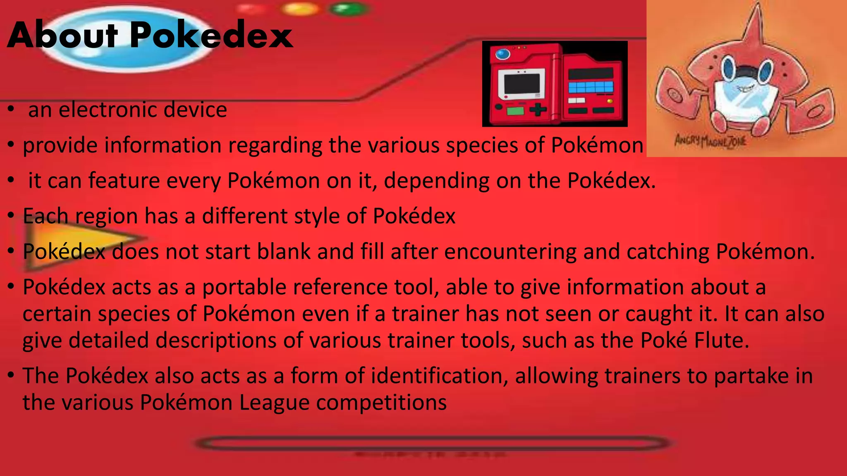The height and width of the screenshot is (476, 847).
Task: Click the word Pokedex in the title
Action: pos(211,36)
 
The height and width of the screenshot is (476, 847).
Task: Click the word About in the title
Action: pos(62,36)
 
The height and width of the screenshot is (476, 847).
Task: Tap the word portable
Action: pos(244,287)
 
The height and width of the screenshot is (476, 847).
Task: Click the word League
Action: pos(274,402)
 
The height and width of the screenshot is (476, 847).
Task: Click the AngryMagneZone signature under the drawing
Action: pos(711,141)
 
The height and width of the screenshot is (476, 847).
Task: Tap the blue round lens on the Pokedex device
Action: pos(502,54)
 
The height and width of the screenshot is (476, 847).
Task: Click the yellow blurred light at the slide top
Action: pos(301,9)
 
